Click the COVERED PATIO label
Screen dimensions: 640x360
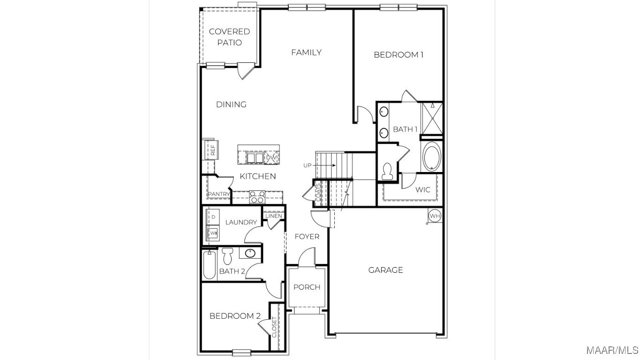tap(229, 37)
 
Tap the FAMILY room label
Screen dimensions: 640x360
tap(306, 52)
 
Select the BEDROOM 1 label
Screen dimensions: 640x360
tap(399, 54)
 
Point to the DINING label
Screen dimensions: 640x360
tap(231, 104)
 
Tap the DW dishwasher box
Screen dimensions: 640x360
tap(271, 157)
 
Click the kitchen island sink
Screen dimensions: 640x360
tap(255, 157)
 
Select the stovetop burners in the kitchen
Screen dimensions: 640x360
tap(257, 197)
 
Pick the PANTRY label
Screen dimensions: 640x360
tap(219, 194)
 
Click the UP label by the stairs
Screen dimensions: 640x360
tap(307, 165)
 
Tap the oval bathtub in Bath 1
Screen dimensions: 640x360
tap(432, 156)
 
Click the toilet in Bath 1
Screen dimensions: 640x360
tap(387, 171)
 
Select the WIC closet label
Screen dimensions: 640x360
tap(423, 190)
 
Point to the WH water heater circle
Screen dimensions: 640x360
tap(435, 216)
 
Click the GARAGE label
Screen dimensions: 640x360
tap(385, 270)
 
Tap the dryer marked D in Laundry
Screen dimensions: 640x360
tap(213, 217)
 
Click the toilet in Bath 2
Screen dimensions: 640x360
tap(227, 256)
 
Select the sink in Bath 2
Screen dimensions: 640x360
tap(250, 253)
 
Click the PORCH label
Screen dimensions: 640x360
tap(307, 287)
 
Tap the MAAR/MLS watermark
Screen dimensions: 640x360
tap(612, 350)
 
